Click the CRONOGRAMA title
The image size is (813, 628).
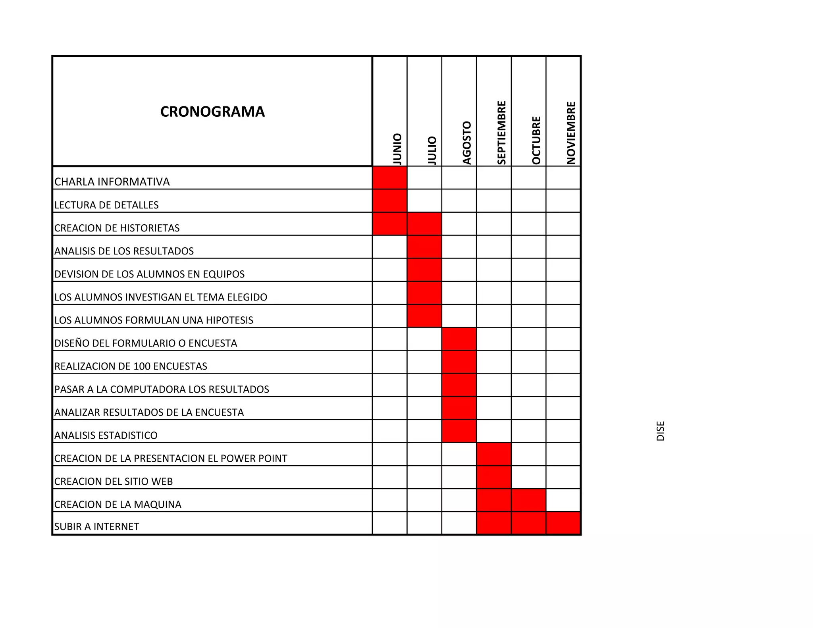coord(212,112)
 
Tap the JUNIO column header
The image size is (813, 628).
coord(397,149)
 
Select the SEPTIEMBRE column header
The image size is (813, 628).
coord(502,133)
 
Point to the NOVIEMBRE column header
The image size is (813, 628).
coord(571,133)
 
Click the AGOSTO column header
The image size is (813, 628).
coord(467,143)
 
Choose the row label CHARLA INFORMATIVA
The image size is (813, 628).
coord(112,182)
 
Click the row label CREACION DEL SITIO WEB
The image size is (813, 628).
coord(114,482)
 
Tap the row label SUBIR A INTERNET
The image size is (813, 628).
coord(96,527)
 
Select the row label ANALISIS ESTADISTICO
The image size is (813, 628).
coord(106,435)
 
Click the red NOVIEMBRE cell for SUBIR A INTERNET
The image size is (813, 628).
coord(563,523)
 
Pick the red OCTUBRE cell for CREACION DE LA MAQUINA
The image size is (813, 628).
coord(528,500)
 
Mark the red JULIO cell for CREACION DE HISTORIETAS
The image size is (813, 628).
coord(424,224)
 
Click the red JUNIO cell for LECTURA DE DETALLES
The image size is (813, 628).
coord(390,201)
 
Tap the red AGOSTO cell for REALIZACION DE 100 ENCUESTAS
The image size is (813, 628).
coord(459,362)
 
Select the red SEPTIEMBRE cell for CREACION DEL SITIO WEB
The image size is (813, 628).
coord(494,477)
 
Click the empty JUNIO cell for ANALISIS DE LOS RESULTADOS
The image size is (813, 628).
coord(390,247)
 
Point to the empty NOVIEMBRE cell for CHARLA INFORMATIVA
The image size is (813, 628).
coord(563,178)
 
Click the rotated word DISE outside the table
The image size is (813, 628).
coord(661,431)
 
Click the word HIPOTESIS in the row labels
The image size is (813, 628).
coord(229,320)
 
